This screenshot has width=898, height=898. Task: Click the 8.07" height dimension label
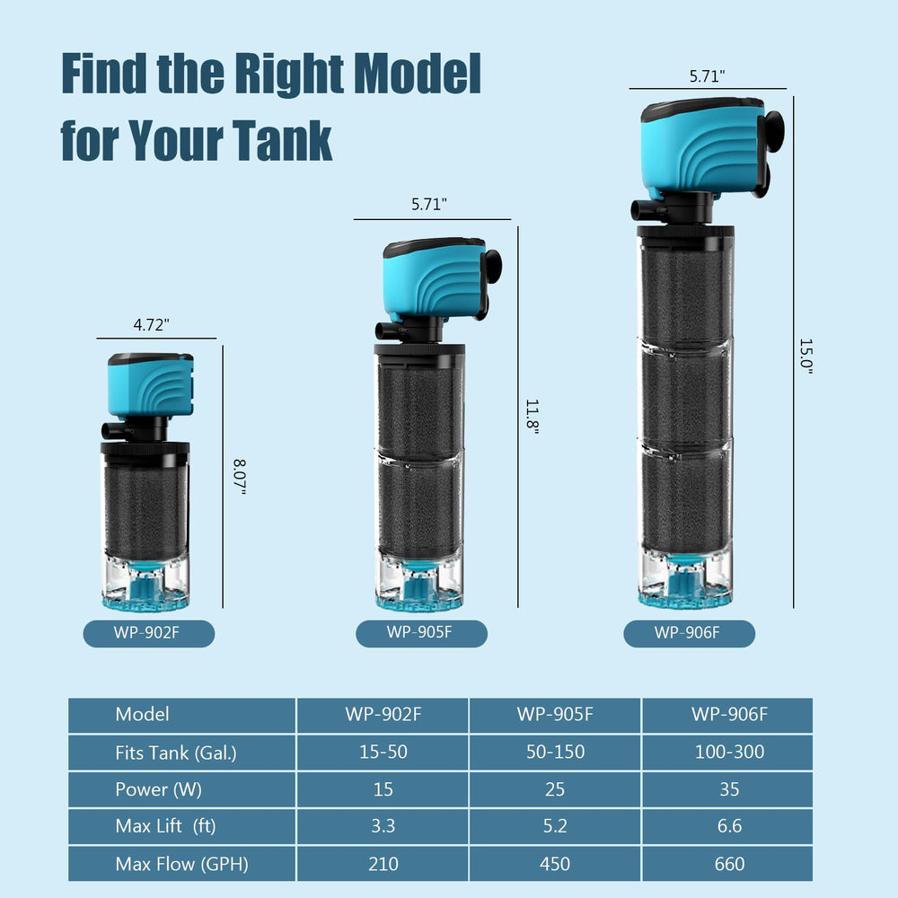[x=240, y=477]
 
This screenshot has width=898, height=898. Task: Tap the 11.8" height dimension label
[x=532, y=417]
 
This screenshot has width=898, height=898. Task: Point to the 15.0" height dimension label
[x=806, y=357]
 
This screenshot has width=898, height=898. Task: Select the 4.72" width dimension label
[x=151, y=325]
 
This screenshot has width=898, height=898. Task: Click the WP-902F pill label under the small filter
[x=149, y=633]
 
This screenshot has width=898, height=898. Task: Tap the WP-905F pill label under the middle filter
[x=421, y=633]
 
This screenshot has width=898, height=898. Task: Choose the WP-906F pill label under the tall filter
[x=689, y=633]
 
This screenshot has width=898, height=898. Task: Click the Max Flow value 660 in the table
[x=729, y=863]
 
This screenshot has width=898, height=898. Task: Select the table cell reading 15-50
[x=383, y=752]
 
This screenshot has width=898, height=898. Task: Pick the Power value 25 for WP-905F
[x=554, y=789]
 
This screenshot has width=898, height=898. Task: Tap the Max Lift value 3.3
[x=383, y=826]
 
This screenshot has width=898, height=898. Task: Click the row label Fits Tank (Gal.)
[x=176, y=753]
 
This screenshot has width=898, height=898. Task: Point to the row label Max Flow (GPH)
[x=181, y=864]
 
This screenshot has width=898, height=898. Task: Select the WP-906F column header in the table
[x=729, y=714]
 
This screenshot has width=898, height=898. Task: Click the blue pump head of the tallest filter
[x=703, y=149]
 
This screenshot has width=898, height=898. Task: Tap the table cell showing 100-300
[x=729, y=752]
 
